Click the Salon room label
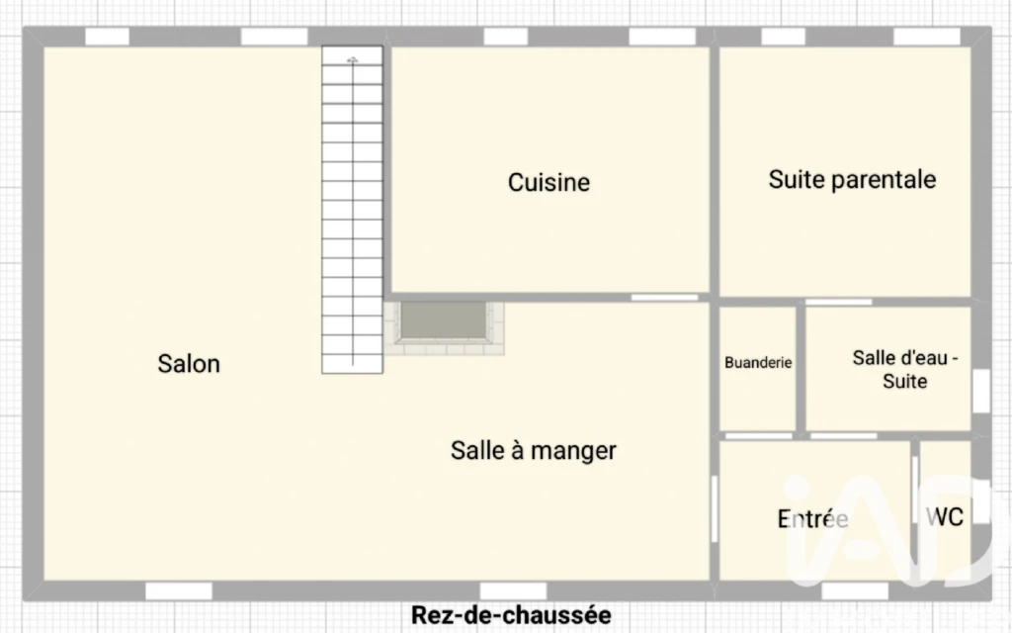pos(189,364)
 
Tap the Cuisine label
pos(548,182)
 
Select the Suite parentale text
pos(852,180)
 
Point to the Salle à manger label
pos(533,451)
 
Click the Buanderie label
pos(758,362)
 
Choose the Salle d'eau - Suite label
pos(905,369)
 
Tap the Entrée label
pos(812,518)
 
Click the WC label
pos(944,516)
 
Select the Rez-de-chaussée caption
pos(511,615)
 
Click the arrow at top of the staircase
pos(353,60)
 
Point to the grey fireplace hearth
pos(444,320)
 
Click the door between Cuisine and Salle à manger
pos(664,298)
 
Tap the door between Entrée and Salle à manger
pos(714,509)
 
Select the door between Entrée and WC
pos(914,491)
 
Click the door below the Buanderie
pos(758,436)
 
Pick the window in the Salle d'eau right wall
pos(981,390)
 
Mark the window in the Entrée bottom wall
pos(855,590)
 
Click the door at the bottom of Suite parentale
pos(838,302)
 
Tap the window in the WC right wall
pos(981,501)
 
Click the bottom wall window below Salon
pos(179,590)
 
